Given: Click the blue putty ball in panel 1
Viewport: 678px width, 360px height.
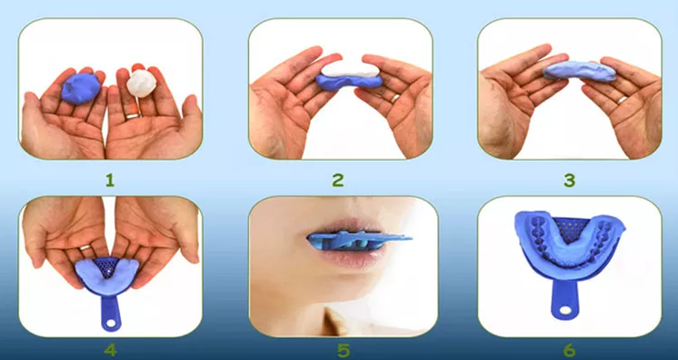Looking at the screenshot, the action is (x=80, y=88).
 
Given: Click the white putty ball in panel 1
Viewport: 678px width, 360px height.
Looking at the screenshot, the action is (x=142, y=83).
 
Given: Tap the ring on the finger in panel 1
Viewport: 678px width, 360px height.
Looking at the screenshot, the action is (x=133, y=115).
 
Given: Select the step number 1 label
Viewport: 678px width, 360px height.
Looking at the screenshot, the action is (x=110, y=180).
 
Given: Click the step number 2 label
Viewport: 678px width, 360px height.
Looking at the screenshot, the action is (x=338, y=180).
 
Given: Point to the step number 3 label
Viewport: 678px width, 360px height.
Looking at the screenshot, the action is (x=570, y=180).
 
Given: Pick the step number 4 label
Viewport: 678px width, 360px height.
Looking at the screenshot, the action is (x=110, y=350).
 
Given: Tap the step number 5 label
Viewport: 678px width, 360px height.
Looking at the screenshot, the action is (x=344, y=351).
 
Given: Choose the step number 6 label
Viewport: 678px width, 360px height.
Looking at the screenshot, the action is (x=570, y=351).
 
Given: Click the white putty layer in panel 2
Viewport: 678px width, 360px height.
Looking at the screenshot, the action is (x=351, y=69).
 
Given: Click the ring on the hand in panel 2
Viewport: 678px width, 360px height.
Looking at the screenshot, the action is (x=395, y=98).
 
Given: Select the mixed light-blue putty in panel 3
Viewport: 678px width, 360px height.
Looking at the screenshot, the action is (x=579, y=71).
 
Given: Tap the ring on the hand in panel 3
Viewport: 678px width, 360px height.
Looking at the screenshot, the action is (x=623, y=99).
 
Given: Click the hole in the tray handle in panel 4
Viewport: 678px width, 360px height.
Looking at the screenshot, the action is (x=112, y=323).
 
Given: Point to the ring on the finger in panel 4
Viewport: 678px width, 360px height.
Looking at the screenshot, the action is (x=85, y=247).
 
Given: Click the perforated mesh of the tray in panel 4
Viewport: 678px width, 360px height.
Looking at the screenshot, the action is (x=106, y=268).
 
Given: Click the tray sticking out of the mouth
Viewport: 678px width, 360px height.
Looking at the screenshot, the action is (x=358, y=240).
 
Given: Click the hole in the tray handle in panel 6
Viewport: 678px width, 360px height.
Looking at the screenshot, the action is (x=565, y=310).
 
